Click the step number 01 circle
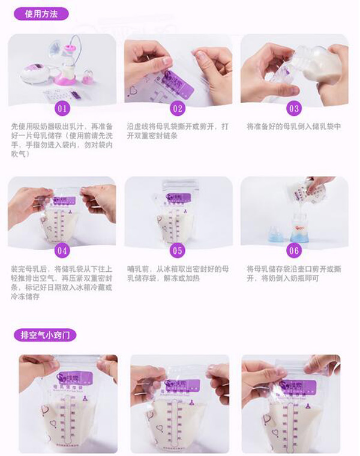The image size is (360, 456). coord(62,109)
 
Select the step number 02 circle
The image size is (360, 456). coord(178,109)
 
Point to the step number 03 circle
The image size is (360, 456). coord(293,109)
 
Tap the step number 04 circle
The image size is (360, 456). coord(62,250)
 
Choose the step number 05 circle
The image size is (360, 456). coord(178,250)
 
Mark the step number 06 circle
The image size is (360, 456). coord(293,250)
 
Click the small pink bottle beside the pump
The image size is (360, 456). coord(89,77)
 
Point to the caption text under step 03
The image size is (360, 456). coord(294,127)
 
